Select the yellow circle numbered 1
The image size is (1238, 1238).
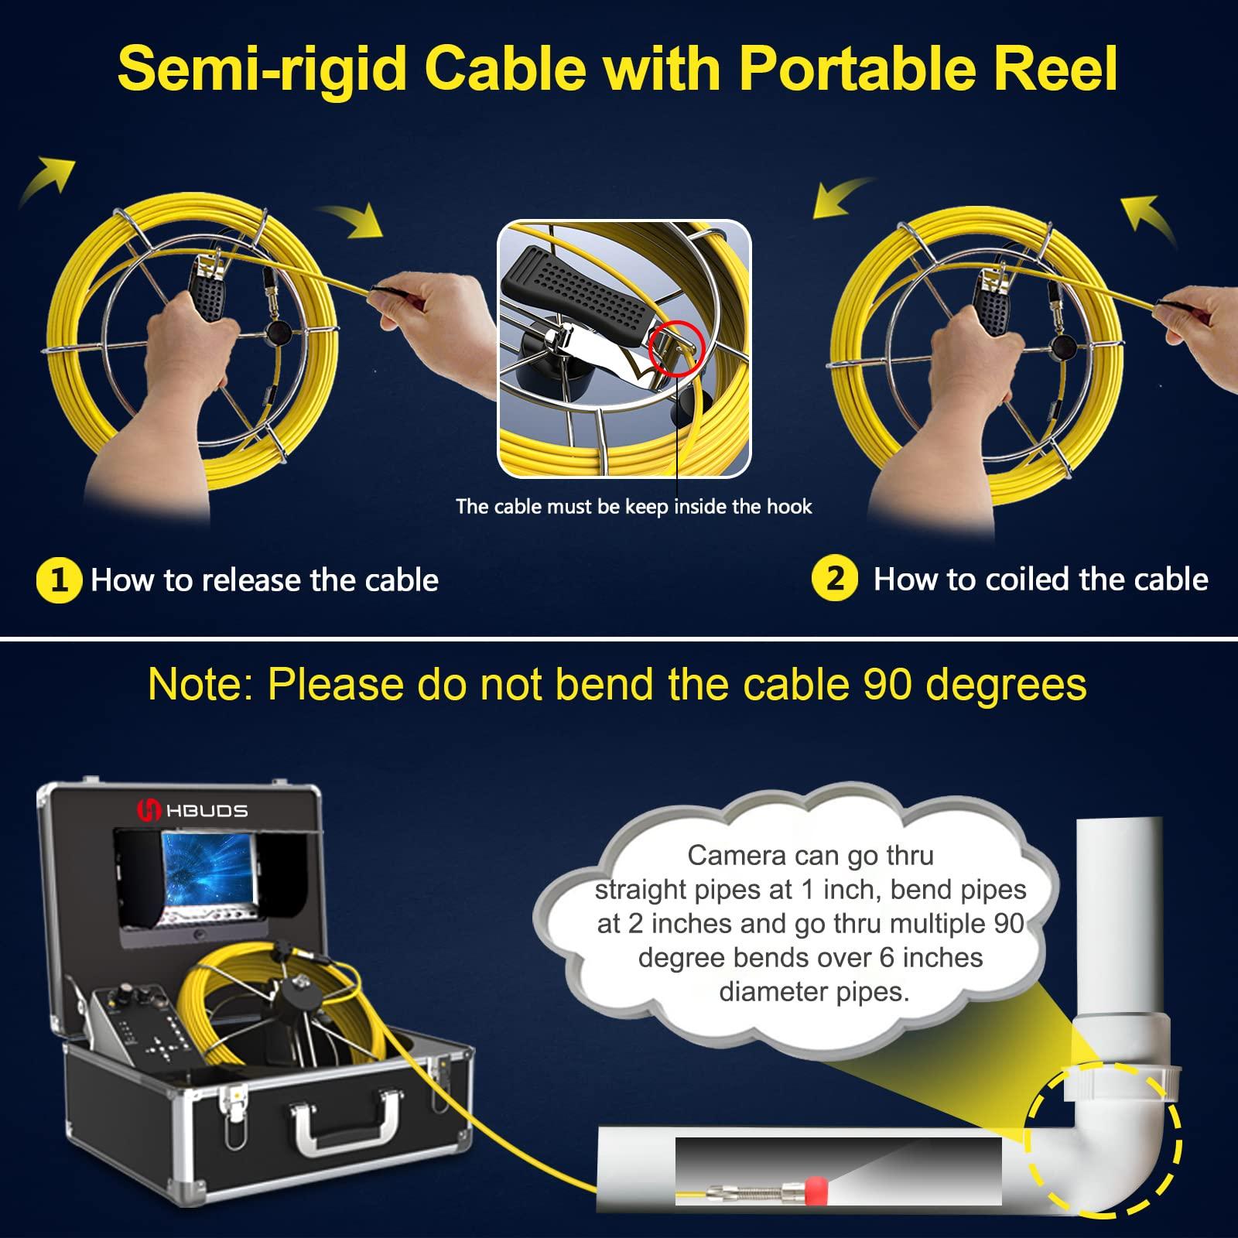59,580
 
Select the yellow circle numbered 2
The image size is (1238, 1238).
834,580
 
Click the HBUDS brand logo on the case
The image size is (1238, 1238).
193,811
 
